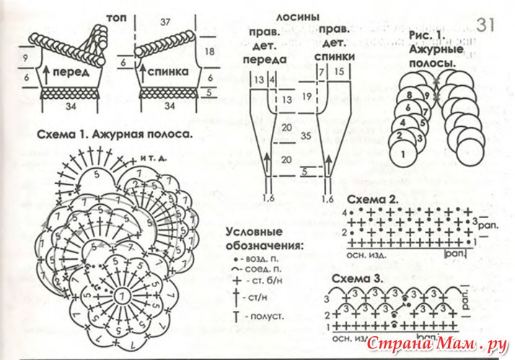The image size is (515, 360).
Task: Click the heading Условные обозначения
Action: click(x=264, y=239)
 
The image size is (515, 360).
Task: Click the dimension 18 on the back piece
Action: click(x=210, y=52)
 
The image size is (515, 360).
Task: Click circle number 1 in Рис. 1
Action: click(x=402, y=152)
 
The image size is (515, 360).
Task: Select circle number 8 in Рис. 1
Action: click(x=409, y=94)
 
